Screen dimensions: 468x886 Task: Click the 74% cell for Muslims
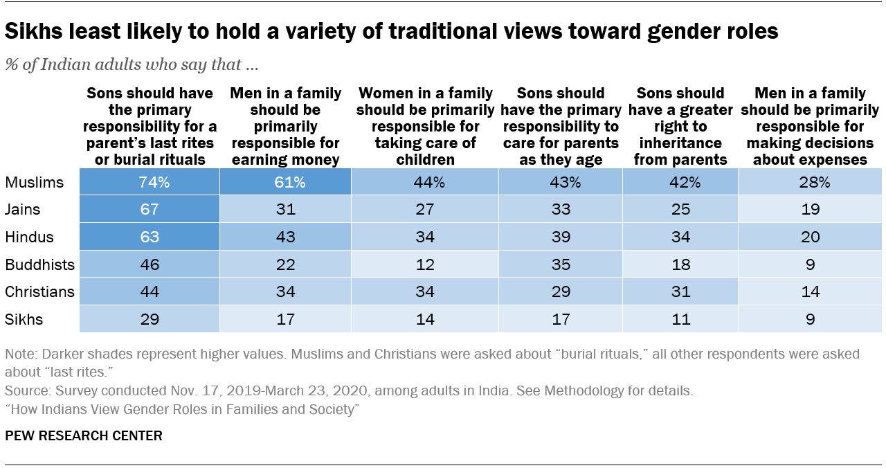pos(150,183)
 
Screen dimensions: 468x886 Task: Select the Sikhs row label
pos(24,319)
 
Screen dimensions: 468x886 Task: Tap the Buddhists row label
pos(39,264)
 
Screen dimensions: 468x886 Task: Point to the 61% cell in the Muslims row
pos(284,183)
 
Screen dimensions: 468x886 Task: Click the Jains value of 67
pos(150,210)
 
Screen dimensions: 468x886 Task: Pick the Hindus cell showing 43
pos(284,237)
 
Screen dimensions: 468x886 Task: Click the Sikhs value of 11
pos(680,319)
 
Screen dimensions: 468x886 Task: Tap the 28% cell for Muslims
pos(810,183)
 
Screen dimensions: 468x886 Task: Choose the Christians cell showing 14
pos(810,291)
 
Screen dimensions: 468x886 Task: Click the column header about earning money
pos(284,127)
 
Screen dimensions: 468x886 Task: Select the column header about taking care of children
pos(425,127)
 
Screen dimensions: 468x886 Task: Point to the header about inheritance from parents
pos(680,127)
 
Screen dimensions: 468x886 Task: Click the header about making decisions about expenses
pos(810,127)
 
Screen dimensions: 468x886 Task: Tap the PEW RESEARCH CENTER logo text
pos(84,435)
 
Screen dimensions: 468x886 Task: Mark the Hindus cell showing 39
pos(560,237)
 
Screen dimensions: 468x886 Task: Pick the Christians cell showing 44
pos(150,291)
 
